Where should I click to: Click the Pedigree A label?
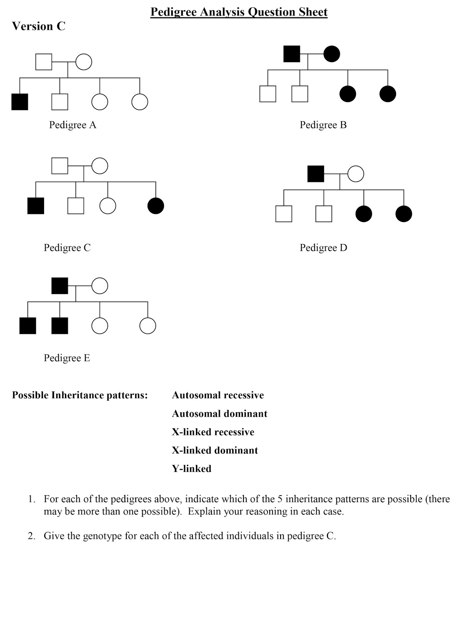(x=73, y=125)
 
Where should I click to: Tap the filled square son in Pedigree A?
(x=20, y=102)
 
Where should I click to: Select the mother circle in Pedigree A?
(x=83, y=62)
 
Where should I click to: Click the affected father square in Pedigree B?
(x=292, y=54)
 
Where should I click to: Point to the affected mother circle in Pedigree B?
(x=332, y=54)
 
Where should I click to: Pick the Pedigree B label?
(x=323, y=125)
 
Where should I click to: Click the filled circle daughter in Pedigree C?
(x=156, y=205)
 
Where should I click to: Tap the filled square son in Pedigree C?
(x=36, y=205)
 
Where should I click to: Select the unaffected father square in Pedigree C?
(x=60, y=166)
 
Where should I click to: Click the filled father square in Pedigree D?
(x=316, y=174)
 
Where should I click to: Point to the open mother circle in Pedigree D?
(x=356, y=174)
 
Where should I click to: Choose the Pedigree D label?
(x=324, y=248)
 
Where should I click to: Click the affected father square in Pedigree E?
(x=60, y=285)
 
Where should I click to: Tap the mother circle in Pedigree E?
(x=100, y=285)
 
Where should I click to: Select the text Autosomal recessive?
(x=218, y=395)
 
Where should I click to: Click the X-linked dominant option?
(x=215, y=450)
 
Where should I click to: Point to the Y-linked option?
(x=192, y=469)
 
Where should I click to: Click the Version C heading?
(x=39, y=26)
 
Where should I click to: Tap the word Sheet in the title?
(x=313, y=12)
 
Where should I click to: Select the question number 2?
(x=31, y=536)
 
